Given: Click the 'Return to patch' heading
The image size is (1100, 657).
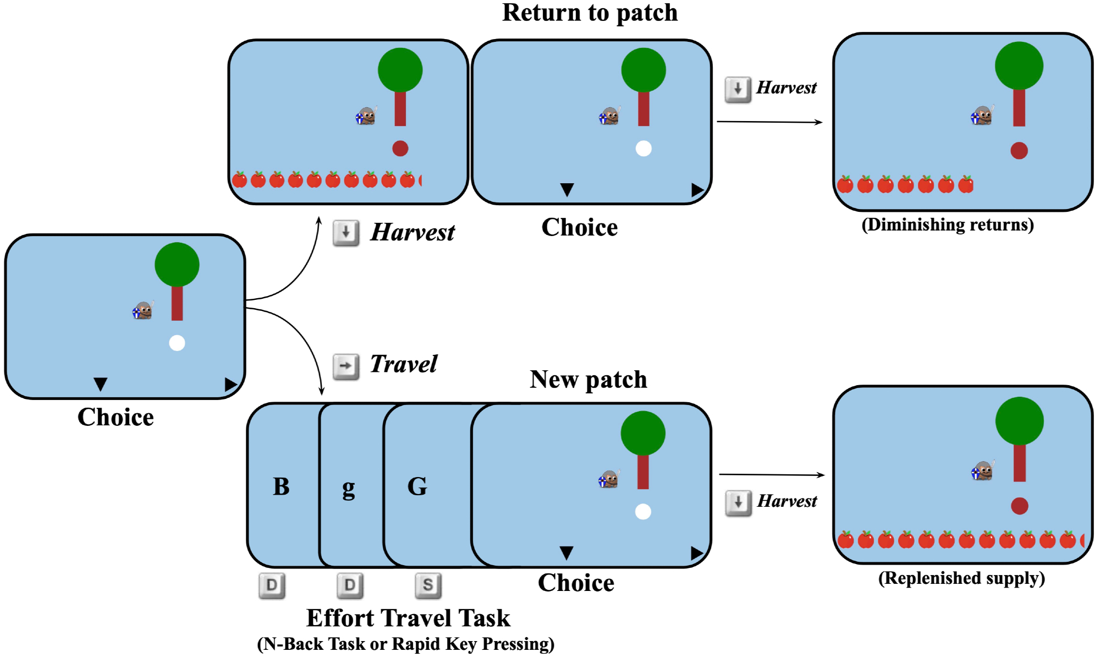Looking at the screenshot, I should (x=590, y=12).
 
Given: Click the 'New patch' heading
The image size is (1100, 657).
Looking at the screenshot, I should (x=588, y=379).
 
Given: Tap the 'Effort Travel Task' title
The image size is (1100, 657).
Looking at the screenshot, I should (x=408, y=617).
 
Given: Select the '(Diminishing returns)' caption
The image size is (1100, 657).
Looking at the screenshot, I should (x=947, y=225).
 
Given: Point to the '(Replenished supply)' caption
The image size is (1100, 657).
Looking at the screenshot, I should (x=961, y=578).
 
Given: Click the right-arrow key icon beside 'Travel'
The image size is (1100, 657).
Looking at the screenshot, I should (x=346, y=366).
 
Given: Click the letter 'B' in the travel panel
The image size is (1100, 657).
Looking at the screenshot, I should (x=281, y=486).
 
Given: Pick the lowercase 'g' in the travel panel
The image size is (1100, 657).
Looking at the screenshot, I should (x=348, y=488).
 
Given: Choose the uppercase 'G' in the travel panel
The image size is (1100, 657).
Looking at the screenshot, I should (x=417, y=486).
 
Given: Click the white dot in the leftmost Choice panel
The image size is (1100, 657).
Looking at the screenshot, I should (x=177, y=343).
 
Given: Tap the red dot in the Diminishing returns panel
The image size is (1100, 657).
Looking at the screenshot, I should (x=1019, y=150).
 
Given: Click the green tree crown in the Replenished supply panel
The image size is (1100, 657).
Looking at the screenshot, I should (x=1019, y=421).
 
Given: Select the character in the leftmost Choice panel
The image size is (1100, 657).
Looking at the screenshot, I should (x=142, y=311).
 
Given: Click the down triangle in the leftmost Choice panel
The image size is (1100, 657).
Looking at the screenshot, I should (x=100, y=384).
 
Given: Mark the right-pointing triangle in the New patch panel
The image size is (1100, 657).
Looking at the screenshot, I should (x=697, y=553).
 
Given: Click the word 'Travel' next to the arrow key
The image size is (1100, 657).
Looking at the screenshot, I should (x=403, y=364).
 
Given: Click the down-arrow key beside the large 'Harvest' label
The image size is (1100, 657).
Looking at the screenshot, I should (x=346, y=233).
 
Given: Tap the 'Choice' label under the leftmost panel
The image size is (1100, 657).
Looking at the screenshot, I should (x=116, y=417).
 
